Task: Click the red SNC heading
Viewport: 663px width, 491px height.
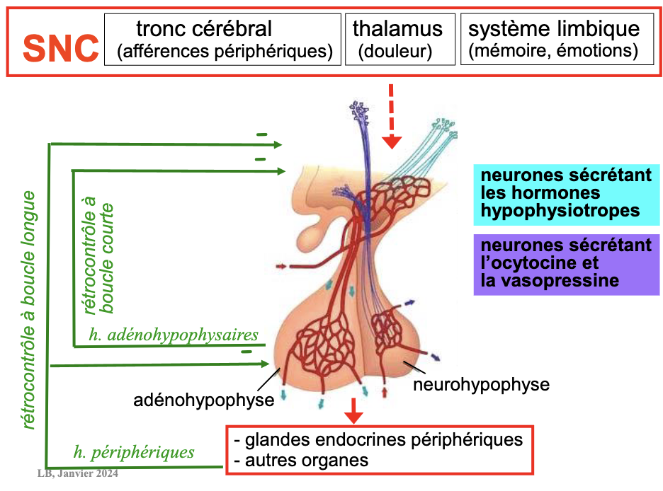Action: click(x=60, y=47)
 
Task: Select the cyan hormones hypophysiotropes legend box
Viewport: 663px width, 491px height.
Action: click(x=567, y=192)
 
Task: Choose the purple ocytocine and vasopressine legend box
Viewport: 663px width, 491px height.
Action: click(x=567, y=263)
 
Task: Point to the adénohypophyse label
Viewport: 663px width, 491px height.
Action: click(x=204, y=400)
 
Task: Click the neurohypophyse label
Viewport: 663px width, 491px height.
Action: click(x=481, y=385)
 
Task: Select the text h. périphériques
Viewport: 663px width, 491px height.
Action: click(x=134, y=451)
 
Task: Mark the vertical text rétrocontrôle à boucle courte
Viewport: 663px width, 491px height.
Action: click(x=99, y=259)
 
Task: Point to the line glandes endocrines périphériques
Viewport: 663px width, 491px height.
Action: click(x=379, y=440)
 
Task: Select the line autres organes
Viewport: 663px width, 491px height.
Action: click(x=302, y=460)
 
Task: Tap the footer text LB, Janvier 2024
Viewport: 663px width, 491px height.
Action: click(x=77, y=473)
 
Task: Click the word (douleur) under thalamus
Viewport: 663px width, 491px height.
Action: click(x=395, y=52)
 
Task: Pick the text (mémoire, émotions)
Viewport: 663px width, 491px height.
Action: click(x=553, y=52)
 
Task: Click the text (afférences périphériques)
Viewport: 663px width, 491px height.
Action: click(x=225, y=52)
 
